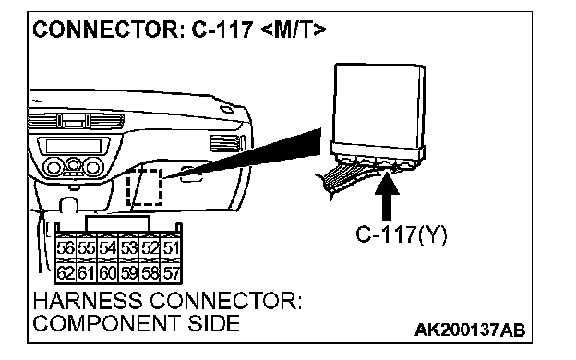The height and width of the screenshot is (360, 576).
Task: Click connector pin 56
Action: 66,248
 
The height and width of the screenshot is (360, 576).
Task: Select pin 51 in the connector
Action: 171,248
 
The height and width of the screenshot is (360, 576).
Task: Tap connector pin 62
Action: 66,273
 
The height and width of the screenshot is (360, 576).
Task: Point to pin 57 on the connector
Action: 171,273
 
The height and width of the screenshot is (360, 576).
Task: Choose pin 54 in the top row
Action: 108,248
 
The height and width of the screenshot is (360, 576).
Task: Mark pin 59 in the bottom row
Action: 129,273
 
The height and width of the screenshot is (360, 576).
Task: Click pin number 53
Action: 129,248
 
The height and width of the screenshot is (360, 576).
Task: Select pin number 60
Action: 108,273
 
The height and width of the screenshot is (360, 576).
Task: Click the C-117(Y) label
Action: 402,234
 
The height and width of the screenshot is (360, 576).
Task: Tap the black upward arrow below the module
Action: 387,196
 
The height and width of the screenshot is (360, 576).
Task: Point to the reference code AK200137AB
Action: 470,330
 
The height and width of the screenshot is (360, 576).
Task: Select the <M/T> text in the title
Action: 294,30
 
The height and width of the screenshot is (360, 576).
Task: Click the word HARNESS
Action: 88,301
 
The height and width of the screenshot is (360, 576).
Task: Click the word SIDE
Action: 214,323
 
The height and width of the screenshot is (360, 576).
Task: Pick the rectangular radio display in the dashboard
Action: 74,146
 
